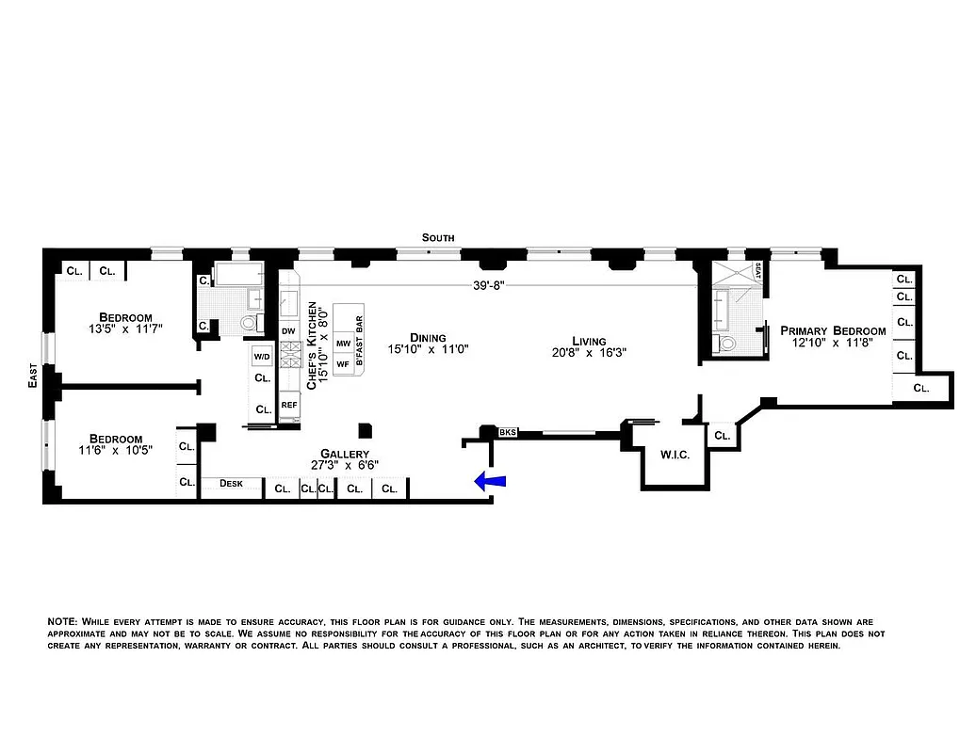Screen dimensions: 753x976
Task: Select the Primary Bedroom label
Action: point(833,330)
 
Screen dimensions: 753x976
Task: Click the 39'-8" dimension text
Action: point(491,289)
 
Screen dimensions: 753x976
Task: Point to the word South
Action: point(438,238)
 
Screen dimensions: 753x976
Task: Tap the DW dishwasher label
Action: point(288,330)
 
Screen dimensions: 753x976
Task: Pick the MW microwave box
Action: point(343,344)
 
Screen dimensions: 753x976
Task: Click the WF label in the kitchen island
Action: point(343,362)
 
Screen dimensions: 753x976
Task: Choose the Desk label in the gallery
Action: point(231,484)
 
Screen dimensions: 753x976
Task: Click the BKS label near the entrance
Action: point(508,433)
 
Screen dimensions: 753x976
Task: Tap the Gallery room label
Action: point(343,454)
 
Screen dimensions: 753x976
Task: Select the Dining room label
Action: point(428,337)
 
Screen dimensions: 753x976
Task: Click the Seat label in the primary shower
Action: point(757,273)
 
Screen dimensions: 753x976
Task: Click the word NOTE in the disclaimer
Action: point(62,622)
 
